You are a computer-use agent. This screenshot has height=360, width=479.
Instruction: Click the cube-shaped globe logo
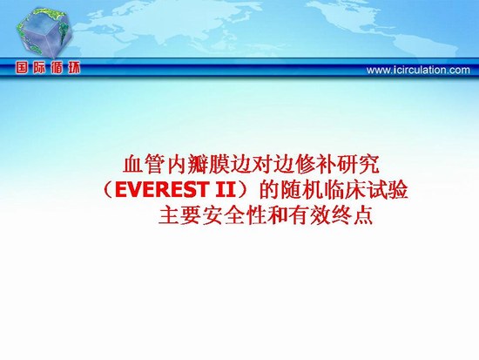[44, 31]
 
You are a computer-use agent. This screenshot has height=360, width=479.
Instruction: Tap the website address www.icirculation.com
[418, 71]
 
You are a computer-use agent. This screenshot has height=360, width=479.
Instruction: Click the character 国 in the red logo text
[22, 68]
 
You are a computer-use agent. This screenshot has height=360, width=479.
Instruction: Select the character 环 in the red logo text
[74, 68]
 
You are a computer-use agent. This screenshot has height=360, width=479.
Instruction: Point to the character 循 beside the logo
[57, 68]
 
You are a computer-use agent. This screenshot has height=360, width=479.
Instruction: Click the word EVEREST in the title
[162, 190]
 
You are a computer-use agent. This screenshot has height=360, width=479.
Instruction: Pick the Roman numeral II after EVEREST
[226, 190]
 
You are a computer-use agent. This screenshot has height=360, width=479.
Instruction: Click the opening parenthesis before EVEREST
[109, 190]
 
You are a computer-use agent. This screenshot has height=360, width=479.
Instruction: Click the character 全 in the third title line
[233, 216]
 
